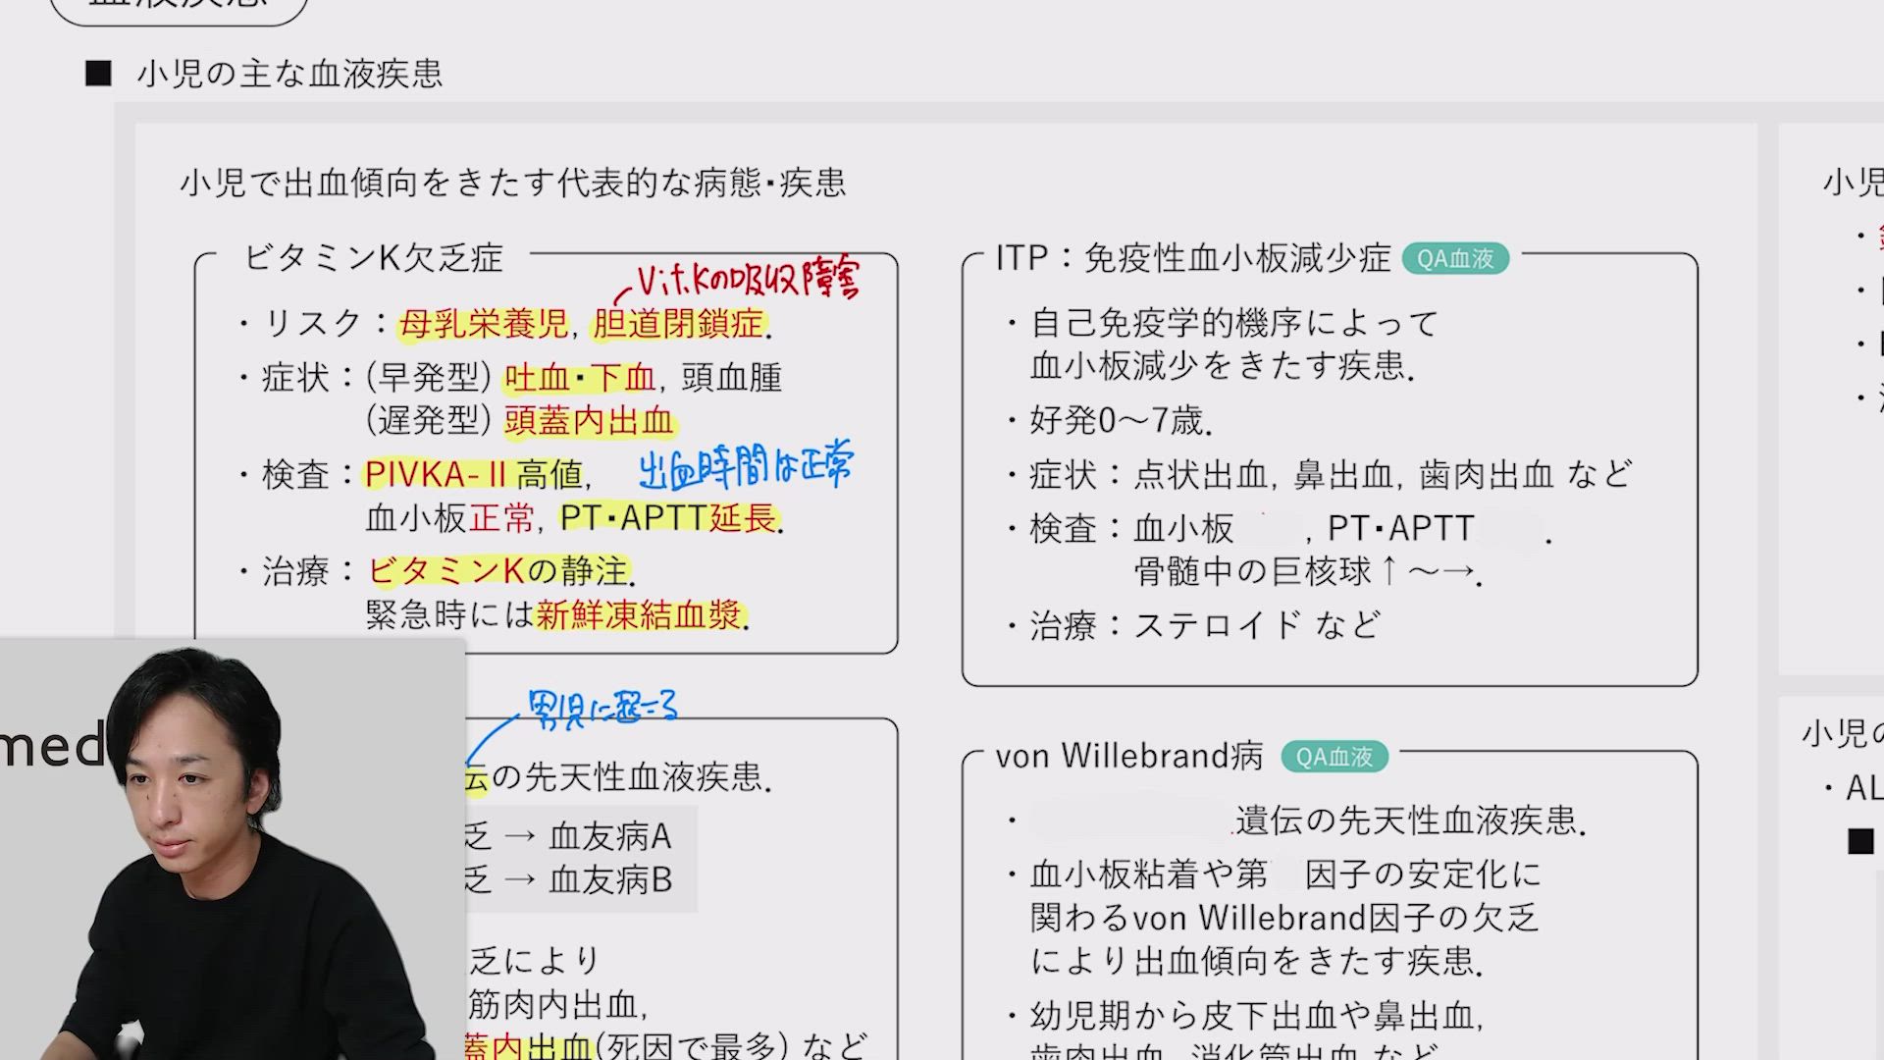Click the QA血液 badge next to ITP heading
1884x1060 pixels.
tap(1455, 258)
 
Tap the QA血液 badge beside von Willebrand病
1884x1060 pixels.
tap(1334, 757)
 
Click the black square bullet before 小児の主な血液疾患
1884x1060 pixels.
tap(98, 74)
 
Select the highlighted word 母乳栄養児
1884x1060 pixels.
tap(484, 324)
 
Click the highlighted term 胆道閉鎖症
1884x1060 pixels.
tap(678, 324)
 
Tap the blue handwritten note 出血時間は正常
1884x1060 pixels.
tap(746, 466)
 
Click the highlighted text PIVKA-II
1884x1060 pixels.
tap(435, 475)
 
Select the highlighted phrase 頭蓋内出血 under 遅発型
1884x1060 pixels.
tap(589, 421)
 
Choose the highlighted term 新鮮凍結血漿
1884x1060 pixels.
tap(639, 615)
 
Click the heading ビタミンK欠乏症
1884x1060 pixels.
tap(373, 258)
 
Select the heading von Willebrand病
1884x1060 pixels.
tap(1128, 757)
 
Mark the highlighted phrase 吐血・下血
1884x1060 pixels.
tap(579, 378)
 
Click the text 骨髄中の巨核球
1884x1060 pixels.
tap(1252, 571)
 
